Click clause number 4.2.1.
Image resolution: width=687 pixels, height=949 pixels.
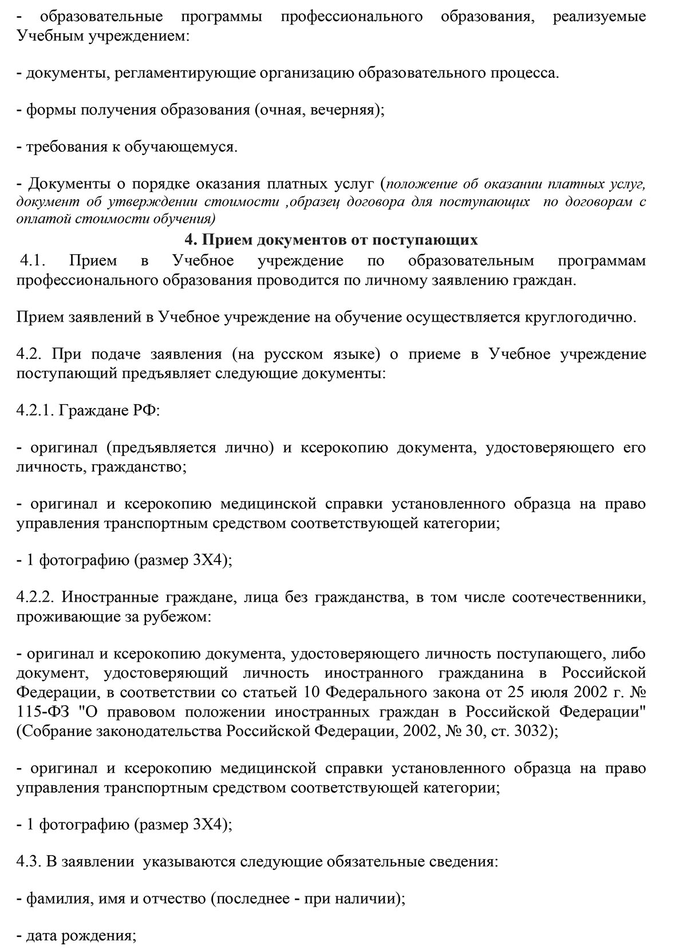pyautogui.click(x=35, y=410)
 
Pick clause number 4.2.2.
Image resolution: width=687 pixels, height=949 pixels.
pyautogui.click(x=35, y=598)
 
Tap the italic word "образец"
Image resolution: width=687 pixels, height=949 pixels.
pyautogui.click(x=314, y=202)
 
